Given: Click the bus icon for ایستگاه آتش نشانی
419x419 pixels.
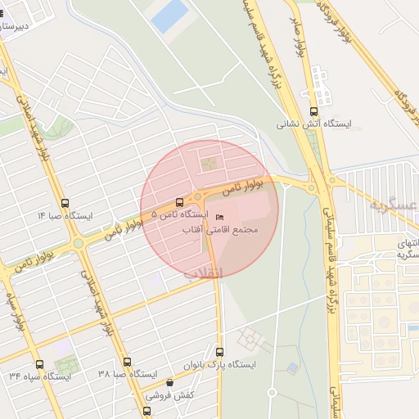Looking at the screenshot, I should (x=313, y=112).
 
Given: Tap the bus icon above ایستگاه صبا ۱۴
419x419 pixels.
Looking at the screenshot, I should (x=65, y=204).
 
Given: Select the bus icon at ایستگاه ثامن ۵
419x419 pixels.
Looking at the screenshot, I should (x=179, y=201).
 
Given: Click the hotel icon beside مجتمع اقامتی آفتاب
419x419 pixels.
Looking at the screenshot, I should (x=218, y=216).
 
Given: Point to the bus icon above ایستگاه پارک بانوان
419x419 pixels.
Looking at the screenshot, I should (x=219, y=351).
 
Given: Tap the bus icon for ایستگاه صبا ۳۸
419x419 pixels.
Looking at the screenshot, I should (x=126, y=362).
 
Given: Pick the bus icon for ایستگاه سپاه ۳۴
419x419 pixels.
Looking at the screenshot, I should (x=39, y=364).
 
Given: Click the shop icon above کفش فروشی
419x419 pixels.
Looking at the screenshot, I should (x=169, y=382).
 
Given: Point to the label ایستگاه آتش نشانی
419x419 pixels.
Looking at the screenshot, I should (x=314, y=124).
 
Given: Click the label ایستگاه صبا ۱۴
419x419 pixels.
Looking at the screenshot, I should (x=65, y=216).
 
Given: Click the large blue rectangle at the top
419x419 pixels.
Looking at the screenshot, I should (x=169, y=16).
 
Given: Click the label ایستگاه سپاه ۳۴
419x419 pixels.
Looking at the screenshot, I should (x=40, y=376).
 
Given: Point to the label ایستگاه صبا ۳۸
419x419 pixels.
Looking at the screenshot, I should (x=127, y=374).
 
